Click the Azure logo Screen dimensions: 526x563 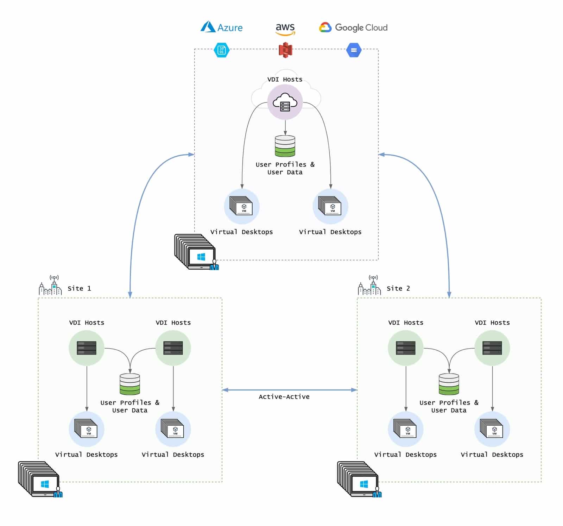pos(222,27)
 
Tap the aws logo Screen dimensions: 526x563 pos(285,28)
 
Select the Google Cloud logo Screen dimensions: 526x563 pos(353,27)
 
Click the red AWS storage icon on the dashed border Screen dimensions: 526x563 pos(285,50)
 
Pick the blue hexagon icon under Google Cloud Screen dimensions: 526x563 pos(354,50)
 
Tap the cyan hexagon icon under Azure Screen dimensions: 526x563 pos(222,50)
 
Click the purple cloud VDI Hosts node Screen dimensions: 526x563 pos(285,102)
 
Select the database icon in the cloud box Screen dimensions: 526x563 pos(285,146)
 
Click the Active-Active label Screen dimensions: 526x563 pos(284,397)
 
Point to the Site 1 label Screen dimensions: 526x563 pos(79,288)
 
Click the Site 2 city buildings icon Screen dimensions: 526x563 pos(369,286)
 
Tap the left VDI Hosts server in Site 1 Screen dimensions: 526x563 pos(87,348)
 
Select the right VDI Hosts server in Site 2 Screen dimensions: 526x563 pos(492,348)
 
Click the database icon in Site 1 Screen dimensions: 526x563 pos(130,384)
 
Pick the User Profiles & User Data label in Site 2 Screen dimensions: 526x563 pos(449,406)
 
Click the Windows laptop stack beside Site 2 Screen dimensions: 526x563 pos(359,479)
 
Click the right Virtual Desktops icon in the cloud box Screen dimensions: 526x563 pos(330,206)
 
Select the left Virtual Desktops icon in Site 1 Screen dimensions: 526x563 pos(87,429)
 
